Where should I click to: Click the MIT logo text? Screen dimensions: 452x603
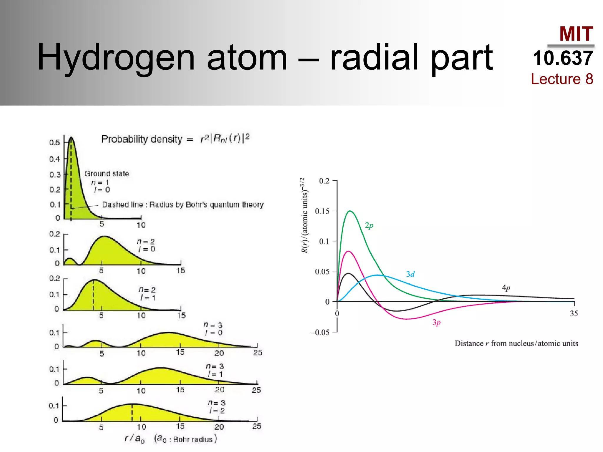[576, 34]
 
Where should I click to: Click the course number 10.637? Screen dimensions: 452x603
[563, 58]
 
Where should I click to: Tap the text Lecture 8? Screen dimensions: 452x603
[562, 79]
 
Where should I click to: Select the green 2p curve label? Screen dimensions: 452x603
[369, 226]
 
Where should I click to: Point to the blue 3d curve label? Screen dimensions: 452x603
[410, 274]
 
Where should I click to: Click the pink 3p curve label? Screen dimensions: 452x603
[436, 323]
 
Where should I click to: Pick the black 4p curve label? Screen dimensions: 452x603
[506, 288]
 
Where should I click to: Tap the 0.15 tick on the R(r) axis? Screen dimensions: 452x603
[322, 211]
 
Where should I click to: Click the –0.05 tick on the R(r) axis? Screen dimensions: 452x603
[320, 333]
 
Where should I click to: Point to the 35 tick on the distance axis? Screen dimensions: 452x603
[574, 313]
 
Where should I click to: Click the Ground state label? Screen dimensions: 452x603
[107, 174]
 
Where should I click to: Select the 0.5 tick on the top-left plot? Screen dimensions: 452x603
[55, 142]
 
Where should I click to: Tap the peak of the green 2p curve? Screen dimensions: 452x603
[350, 211]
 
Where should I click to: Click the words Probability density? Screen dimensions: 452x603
[142, 139]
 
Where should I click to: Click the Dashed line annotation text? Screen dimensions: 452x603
[183, 205]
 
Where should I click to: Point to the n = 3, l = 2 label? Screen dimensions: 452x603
[217, 407]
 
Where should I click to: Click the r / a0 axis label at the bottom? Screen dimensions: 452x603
[134, 439]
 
